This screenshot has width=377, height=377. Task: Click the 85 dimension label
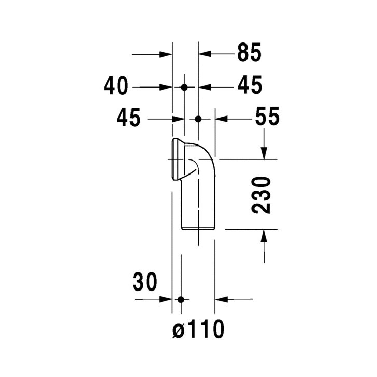[250, 53]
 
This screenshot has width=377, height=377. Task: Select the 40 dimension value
[115, 86]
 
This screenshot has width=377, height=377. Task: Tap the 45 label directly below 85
[250, 86]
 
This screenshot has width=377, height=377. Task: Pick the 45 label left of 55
[128, 119]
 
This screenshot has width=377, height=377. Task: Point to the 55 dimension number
[267, 118]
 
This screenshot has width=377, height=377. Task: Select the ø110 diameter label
[198, 328]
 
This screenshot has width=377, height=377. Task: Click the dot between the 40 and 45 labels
[184, 87]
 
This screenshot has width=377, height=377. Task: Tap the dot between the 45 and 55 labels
[198, 119]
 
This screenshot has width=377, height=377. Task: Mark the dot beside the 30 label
[180, 299]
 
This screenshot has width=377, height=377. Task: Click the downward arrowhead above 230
[264, 153]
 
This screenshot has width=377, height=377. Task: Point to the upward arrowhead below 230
[264, 236]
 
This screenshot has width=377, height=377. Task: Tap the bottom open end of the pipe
[198, 228]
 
